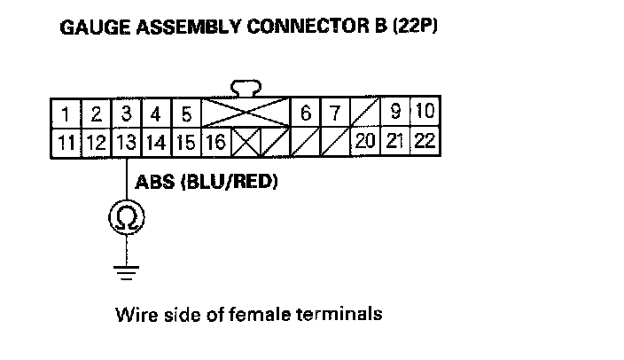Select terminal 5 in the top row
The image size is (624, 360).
[186, 114]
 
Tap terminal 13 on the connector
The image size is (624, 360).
[127, 141]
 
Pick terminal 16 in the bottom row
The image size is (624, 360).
[215, 141]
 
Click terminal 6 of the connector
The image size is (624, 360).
[305, 114]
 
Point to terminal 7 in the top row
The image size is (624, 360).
[334, 114]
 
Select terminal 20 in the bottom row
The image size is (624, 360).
[364, 141]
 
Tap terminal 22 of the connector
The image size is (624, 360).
[424, 141]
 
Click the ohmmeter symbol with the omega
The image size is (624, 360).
[127, 217]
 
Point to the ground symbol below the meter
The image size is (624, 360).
[127, 270]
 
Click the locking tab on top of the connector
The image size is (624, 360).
[245, 88]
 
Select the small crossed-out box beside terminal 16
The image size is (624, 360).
[246, 141]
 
